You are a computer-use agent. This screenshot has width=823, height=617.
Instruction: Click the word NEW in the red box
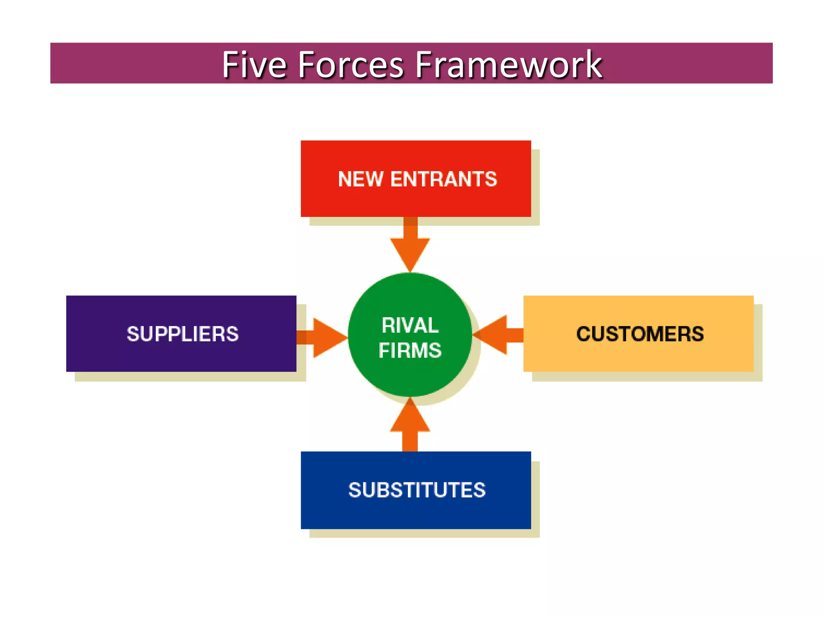click(360, 179)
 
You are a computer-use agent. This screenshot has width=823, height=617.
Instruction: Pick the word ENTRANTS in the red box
click(444, 179)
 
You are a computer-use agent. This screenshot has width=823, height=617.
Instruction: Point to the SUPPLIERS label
click(182, 334)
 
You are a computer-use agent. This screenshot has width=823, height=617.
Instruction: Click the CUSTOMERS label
click(640, 334)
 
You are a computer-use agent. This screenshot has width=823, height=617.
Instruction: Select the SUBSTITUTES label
click(417, 490)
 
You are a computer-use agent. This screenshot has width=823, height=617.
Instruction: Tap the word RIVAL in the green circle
click(410, 325)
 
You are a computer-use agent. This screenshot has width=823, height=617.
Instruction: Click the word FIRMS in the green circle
click(410, 350)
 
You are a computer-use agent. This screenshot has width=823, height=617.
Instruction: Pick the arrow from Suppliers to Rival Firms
click(323, 337)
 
